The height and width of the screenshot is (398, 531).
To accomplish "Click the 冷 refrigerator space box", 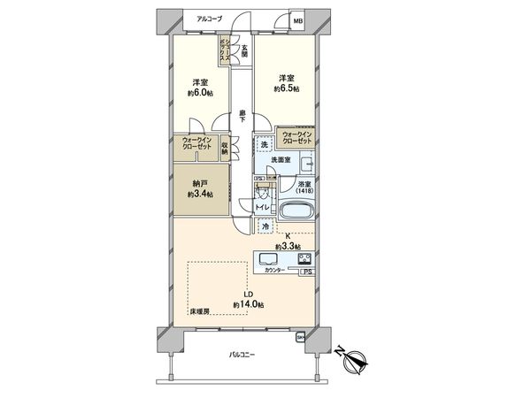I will pos(266,227).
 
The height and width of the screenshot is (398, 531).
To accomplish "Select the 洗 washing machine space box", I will pos(264,144).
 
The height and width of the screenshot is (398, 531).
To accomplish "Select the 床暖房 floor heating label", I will pos(198,312).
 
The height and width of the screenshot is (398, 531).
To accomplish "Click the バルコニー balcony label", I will pos(241,354).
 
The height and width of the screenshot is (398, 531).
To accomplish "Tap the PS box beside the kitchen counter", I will pos(307,272).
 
